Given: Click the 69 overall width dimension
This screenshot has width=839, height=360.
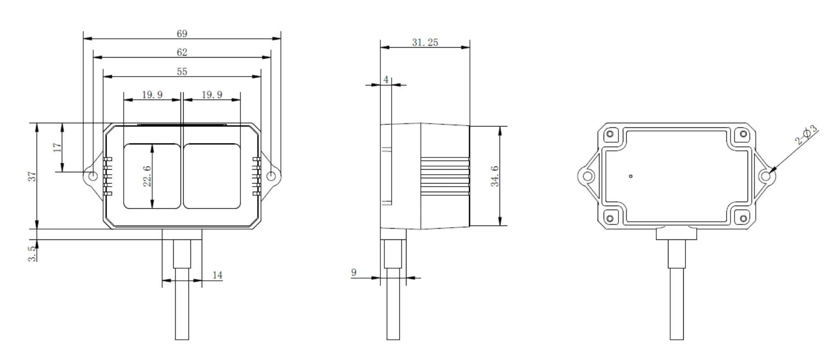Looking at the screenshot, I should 182,34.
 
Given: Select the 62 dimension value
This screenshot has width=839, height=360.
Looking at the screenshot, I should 182,53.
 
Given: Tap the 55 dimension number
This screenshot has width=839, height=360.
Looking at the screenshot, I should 182,72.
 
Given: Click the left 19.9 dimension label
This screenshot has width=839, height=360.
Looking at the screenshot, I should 152,95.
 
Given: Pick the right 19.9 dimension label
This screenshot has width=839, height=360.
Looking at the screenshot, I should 212,95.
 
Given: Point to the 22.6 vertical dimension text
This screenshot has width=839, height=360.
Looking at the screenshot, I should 147,176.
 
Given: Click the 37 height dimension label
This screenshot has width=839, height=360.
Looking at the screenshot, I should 32,176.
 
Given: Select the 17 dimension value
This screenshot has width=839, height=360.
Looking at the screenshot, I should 57,148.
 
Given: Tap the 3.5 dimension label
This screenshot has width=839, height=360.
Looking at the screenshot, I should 32,254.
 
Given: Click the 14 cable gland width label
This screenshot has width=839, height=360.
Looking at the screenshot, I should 217,275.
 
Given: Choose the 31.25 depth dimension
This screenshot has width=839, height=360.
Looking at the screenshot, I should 425,43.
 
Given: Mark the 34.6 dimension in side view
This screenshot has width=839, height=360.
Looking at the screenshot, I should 495,176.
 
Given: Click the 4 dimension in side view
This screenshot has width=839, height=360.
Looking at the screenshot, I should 386,80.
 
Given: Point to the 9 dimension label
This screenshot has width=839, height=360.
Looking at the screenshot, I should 354,272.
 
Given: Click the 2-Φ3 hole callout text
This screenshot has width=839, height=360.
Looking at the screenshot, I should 806,135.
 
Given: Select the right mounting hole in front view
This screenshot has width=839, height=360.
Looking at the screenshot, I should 271,176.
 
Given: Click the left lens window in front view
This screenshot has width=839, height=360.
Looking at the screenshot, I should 152,176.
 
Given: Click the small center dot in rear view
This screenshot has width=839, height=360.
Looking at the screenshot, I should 631,176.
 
